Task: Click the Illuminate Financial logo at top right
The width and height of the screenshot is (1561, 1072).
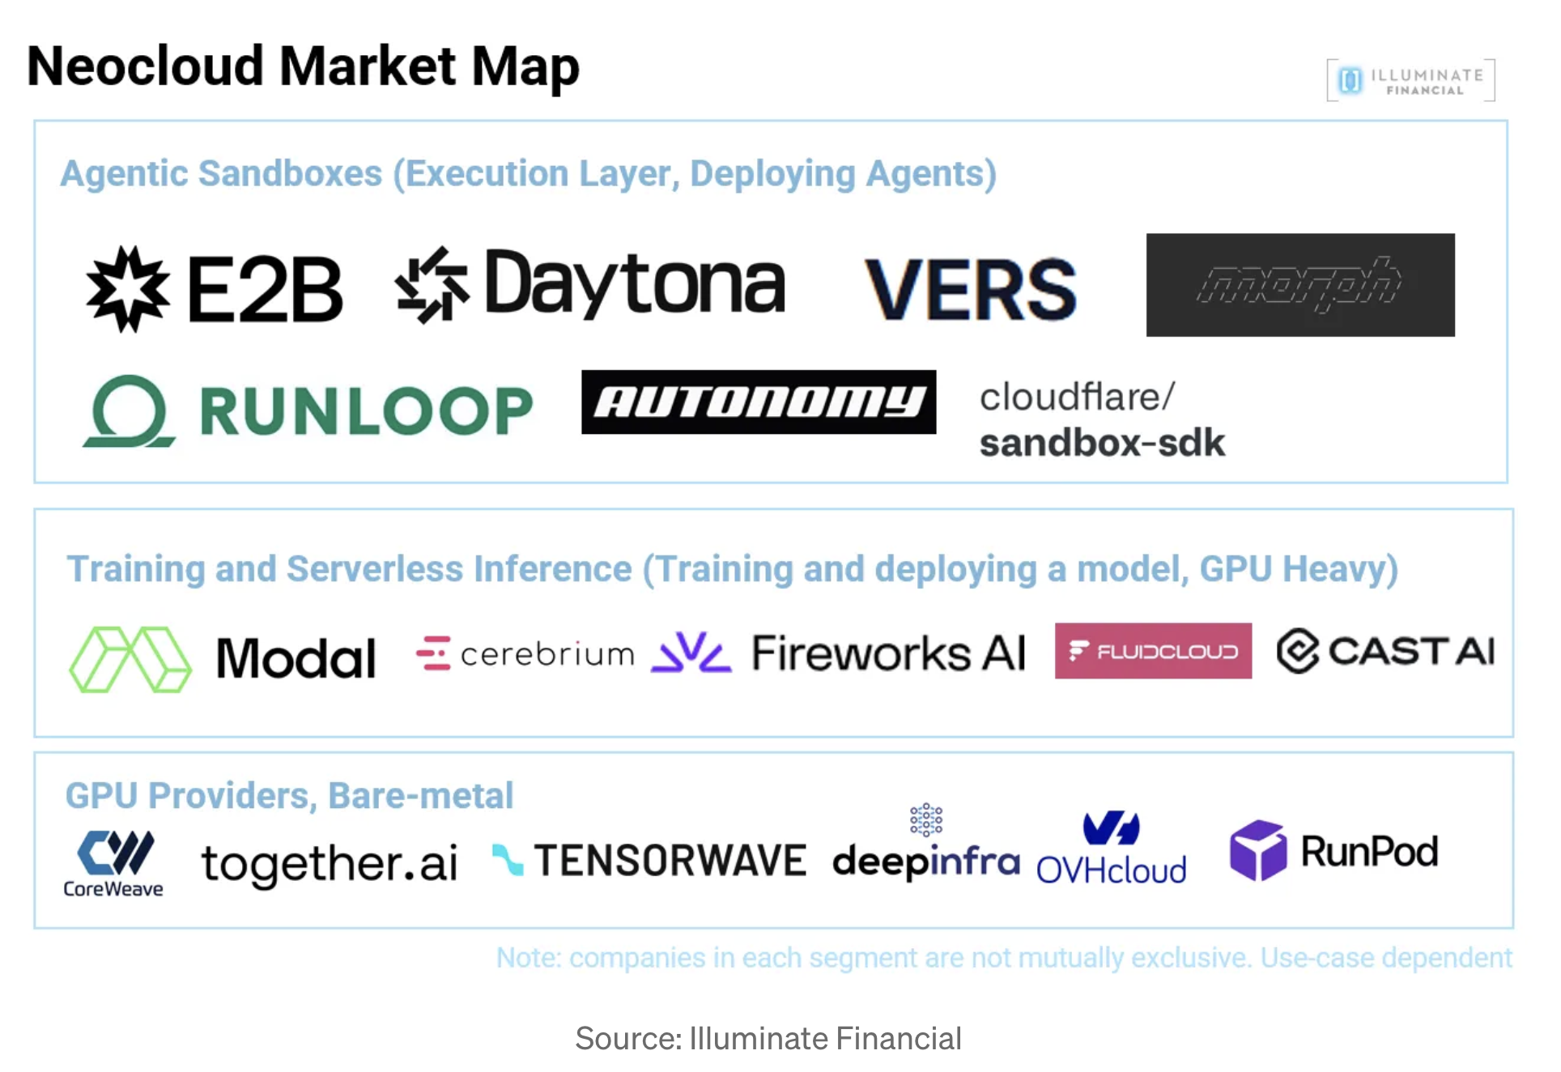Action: pyautogui.click(x=1410, y=80)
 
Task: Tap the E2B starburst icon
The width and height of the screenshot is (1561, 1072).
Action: pyautogui.click(x=128, y=289)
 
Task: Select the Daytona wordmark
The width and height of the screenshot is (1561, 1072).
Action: pyautogui.click(x=634, y=284)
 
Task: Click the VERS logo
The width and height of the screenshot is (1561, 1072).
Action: pyautogui.click(x=970, y=290)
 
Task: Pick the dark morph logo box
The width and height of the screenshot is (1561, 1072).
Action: pyautogui.click(x=1299, y=285)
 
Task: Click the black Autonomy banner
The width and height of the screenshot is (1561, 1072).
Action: pyautogui.click(x=758, y=402)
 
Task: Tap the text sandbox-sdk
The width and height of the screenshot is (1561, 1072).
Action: pyautogui.click(x=1101, y=444)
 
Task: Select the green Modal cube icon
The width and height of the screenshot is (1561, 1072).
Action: pyautogui.click(x=130, y=659)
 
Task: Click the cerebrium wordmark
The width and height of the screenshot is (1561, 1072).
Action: pyautogui.click(x=547, y=654)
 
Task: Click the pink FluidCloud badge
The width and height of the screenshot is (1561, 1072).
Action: pyautogui.click(x=1152, y=651)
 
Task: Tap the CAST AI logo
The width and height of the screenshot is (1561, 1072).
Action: pyautogui.click(x=1385, y=651)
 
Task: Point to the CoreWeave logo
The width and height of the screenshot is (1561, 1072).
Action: pyautogui.click(x=114, y=863)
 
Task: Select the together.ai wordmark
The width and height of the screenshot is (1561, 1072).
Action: pyautogui.click(x=329, y=863)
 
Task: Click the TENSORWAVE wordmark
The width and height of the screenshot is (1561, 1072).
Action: pyautogui.click(x=670, y=860)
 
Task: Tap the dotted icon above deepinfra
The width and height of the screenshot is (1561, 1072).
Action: pyautogui.click(x=925, y=820)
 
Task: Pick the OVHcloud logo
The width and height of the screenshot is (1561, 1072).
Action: pyautogui.click(x=1111, y=849)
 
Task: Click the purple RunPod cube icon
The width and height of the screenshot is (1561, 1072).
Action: pyautogui.click(x=1257, y=850)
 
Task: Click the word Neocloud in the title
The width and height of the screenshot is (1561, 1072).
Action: pyautogui.click(x=146, y=66)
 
